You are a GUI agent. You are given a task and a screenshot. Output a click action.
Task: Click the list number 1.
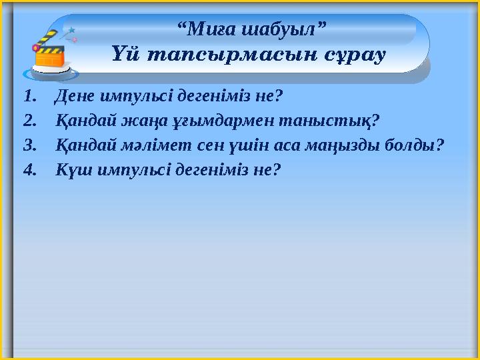point(27,97)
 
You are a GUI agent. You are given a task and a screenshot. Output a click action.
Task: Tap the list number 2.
point(27,121)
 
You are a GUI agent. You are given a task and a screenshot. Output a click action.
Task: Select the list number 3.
point(27,145)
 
